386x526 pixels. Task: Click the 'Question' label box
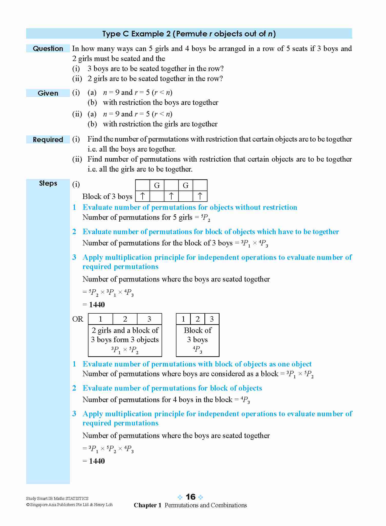[x=48, y=48]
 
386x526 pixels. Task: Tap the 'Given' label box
[x=48, y=93]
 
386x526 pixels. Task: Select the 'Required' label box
[x=48, y=140]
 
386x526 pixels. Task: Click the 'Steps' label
[x=48, y=183]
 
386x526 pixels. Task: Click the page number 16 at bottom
[x=191, y=497]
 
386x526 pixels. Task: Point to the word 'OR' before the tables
[x=78, y=319]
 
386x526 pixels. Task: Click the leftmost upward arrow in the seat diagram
[x=143, y=196]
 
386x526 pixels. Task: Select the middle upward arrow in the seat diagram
[x=171, y=196]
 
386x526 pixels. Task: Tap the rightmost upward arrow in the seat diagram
[x=200, y=196]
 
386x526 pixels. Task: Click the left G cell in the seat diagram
[x=157, y=185]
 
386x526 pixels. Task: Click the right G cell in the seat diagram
[x=186, y=185]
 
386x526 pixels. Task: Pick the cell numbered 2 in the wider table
[x=125, y=319]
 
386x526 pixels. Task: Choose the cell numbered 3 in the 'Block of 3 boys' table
[x=212, y=319]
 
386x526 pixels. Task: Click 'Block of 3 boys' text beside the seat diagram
[x=107, y=196]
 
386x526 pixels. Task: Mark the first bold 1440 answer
[x=97, y=305]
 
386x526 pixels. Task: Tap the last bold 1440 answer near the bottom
[x=97, y=461]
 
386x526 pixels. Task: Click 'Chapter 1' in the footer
[x=147, y=505]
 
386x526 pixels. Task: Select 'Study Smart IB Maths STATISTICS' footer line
[x=57, y=498]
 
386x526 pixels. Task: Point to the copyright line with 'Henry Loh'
[x=69, y=505]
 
